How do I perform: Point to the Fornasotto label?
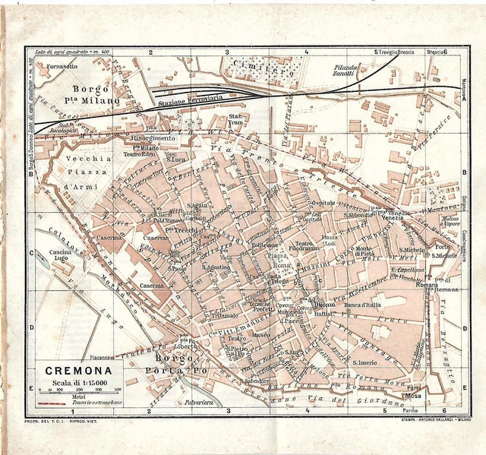pos(62,67)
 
